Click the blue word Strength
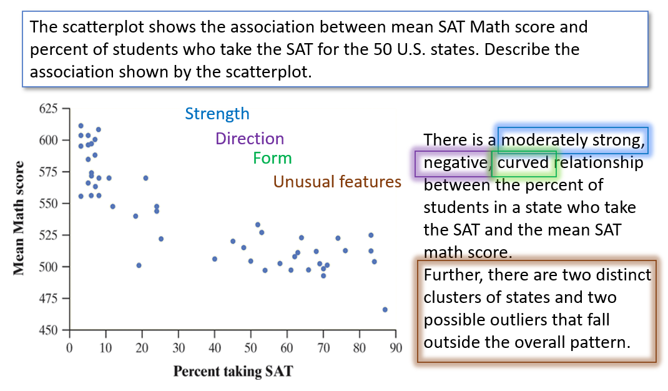tap(217, 114)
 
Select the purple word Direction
tap(249, 139)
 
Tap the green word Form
tap(272, 158)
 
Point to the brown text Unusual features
tap(337, 182)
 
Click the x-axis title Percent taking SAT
tap(232, 371)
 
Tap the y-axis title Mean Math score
tap(19, 218)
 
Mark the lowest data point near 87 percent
tap(385, 309)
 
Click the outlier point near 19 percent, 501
tap(139, 265)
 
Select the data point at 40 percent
tap(214, 259)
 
